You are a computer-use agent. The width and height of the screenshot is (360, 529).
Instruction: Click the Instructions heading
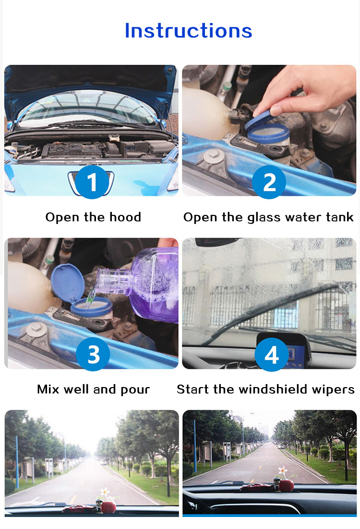tap(189, 31)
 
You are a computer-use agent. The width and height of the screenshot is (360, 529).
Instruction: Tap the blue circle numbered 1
tap(92, 182)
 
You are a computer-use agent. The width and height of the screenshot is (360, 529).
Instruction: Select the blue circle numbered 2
tap(269, 182)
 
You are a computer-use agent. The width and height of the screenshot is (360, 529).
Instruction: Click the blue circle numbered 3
tap(93, 354)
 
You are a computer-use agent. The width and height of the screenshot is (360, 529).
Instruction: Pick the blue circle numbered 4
tap(272, 354)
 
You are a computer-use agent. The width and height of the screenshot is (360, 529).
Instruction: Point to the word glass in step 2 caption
tap(264, 218)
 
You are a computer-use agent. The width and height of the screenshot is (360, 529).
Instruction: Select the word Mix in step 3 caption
tap(48, 389)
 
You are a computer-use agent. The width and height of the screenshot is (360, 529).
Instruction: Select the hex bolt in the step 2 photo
tap(213, 155)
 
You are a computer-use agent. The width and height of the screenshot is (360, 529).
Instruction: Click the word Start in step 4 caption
tap(192, 389)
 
